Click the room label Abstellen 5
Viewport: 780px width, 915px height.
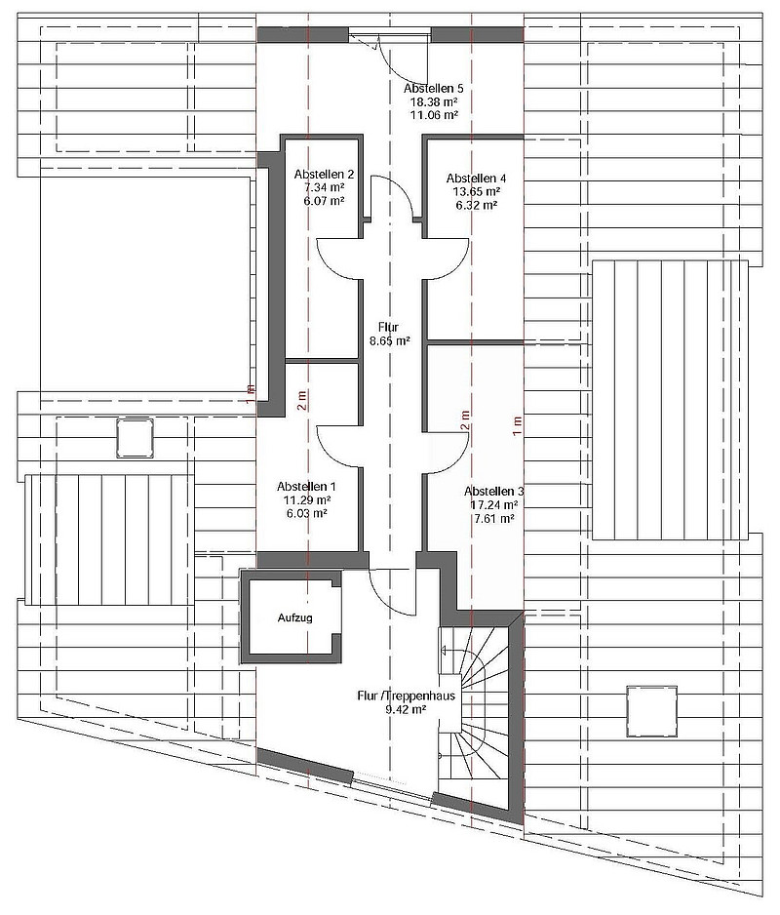[x=434, y=89]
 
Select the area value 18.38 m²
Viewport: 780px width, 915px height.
[x=434, y=101]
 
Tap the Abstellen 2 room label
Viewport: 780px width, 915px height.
[x=324, y=175]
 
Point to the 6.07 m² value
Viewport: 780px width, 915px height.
[x=324, y=200]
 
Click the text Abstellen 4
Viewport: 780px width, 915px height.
[x=477, y=179]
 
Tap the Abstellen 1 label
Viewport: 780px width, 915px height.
[x=306, y=486]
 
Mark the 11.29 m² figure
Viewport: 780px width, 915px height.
[x=306, y=499]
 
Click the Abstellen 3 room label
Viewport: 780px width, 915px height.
[x=493, y=491]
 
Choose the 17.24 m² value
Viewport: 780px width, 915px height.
[x=493, y=505]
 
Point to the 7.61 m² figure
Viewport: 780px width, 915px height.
[x=493, y=519]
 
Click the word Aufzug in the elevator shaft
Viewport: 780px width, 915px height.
[x=295, y=618]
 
